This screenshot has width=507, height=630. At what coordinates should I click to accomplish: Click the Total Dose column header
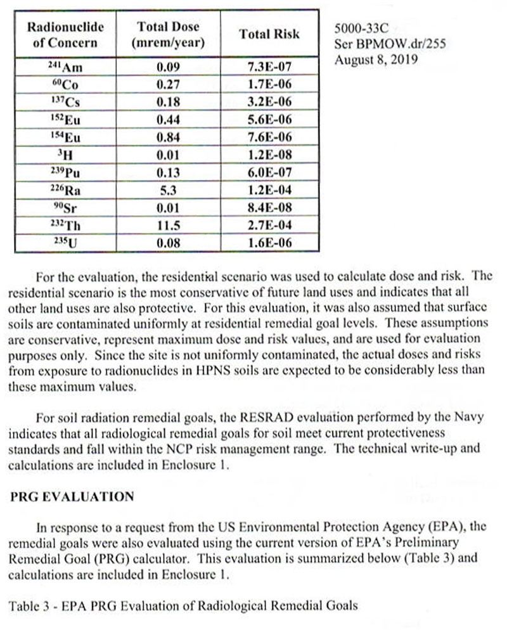pyautogui.click(x=168, y=35)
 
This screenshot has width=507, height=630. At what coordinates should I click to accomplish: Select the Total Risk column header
pyautogui.click(x=269, y=34)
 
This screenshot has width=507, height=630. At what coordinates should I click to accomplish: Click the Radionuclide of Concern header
pyautogui.click(x=66, y=35)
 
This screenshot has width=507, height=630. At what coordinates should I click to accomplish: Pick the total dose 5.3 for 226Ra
pyautogui.click(x=168, y=189)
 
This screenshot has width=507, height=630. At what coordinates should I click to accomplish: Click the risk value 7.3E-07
pyautogui.click(x=269, y=67)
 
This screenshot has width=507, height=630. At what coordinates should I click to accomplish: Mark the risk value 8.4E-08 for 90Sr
pyautogui.click(x=269, y=206)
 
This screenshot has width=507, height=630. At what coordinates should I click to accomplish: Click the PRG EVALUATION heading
pyautogui.click(x=72, y=496)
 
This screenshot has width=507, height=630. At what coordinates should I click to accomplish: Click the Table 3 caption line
pyautogui.click(x=183, y=605)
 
